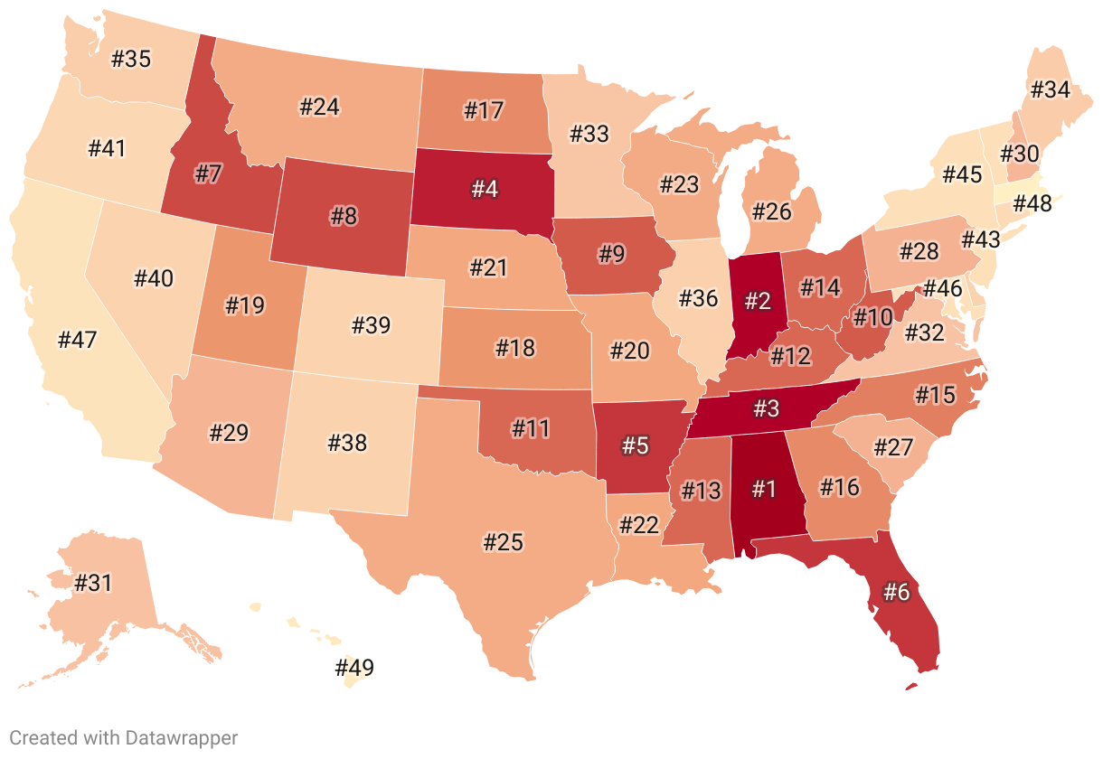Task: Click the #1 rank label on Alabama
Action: tap(764, 489)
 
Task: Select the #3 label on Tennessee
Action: tap(766, 408)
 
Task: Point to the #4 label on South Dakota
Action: tap(485, 189)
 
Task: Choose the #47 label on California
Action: tap(77, 340)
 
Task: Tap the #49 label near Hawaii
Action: tap(354, 669)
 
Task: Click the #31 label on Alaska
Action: tap(92, 583)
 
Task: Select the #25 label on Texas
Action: tap(504, 542)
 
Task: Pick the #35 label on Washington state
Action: tap(131, 60)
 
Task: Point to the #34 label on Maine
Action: tap(1050, 89)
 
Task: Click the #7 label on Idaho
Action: tap(208, 173)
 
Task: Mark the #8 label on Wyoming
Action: tap(344, 217)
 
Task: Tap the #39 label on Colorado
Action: tap(371, 324)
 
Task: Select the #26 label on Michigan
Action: tap(771, 211)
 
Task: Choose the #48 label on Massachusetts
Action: tap(1032, 203)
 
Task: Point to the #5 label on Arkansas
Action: tap(636, 445)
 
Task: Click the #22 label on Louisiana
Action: tap(639, 524)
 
